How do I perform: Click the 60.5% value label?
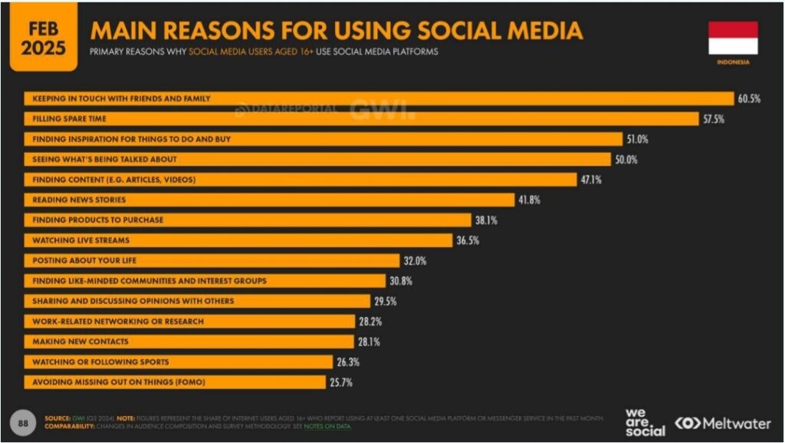coord(749,99)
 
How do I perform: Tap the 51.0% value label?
coord(638,140)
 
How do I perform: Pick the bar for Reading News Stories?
coord(269,200)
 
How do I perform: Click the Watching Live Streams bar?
coord(238,240)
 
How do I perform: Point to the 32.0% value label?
coord(415,261)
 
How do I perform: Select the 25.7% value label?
coord(342,382)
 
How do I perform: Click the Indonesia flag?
coord(733,37)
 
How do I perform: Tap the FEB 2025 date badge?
coord(43,37)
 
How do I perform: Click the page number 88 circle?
coord(23,422)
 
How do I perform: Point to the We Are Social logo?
coord(645,422)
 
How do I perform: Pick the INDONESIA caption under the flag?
coord(733,62)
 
